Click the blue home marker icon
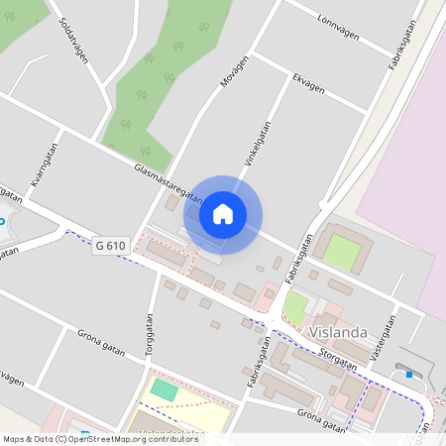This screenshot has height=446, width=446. pyautogui.click(x=223, y=213)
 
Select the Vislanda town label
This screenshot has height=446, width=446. pyautogui.click(x=338, y=332)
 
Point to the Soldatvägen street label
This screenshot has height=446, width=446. pyautogui.click(x=74, y=40)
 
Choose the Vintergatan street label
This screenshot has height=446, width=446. pyautogui.click(x=258, y=144)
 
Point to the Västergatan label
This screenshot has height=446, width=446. pyautogui.click(x=383, y=339)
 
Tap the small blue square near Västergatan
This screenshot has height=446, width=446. pyautogui.click(x=408, y=375)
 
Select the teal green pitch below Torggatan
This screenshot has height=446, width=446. pyautogui.click(x=165, y=390)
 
